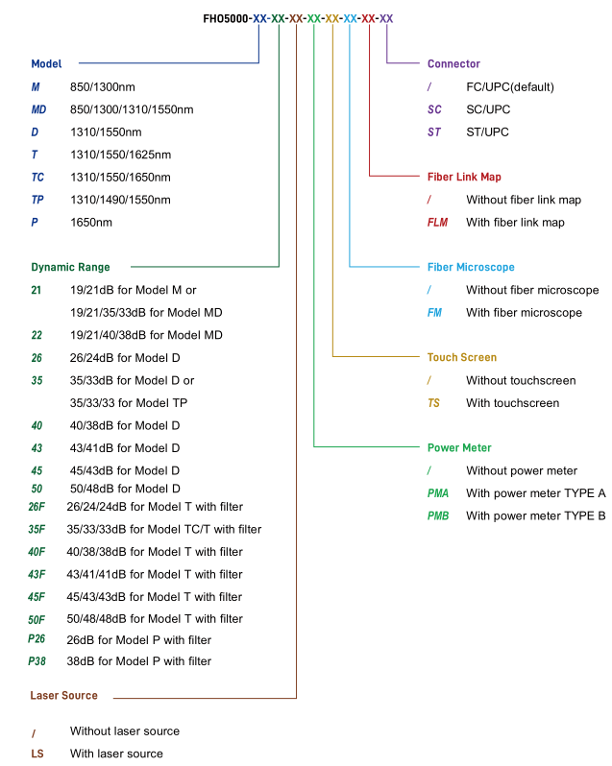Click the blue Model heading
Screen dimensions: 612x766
point(46,63)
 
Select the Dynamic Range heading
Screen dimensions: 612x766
point(70,267)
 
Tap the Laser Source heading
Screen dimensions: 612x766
point(64,695)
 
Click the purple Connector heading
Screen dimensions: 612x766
point(453,63)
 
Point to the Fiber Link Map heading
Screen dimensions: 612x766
point(464,177)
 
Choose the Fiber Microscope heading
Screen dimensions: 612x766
point(471,267)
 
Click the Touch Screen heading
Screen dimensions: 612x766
point(462,357)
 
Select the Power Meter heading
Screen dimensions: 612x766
point(459,447)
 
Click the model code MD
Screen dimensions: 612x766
point(38,109)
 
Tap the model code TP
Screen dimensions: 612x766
point(37,200)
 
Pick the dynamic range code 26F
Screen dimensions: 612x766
point(37,507)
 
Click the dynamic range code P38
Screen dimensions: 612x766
point(37,661)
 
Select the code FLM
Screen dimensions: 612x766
point(437,223)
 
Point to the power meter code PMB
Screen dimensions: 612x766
point(438,515)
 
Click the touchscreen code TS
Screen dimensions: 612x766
point(433,403)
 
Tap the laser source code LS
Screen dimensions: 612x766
point(37,754)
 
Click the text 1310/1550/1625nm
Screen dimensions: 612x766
point(121,155)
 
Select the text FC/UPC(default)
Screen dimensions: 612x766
point(510,87)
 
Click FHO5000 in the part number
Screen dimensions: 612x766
point(226,18)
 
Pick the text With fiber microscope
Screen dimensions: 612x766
point(524,313)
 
